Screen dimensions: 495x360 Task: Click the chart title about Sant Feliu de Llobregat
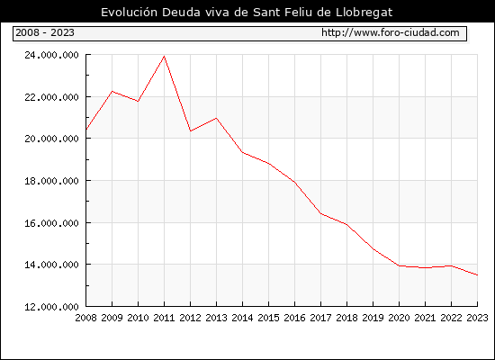point(247,13)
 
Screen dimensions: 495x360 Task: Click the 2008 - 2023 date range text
point(45,32)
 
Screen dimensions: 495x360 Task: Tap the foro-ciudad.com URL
point(391,32)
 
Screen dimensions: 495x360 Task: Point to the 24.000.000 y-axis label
point(51,55)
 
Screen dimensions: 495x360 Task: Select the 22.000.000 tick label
point(51,97)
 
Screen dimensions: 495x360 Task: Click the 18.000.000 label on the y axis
point(51,181)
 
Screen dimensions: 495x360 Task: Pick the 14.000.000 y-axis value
point(51,265)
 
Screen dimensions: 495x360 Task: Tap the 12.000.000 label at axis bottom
point(51,307)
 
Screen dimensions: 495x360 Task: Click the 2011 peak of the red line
point(164,56)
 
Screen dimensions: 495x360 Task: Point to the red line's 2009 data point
point(112,91)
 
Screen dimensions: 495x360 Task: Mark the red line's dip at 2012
point(191,131)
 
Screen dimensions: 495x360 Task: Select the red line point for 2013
point(216,118)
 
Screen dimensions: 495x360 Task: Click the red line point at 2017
point(320,213)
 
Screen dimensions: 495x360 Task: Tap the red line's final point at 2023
point(477,275)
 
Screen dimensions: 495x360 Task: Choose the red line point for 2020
point(399,265)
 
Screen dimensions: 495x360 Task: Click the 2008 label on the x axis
point(85,318)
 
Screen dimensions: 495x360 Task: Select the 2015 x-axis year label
point(269,318)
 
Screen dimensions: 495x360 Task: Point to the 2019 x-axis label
point(373,318)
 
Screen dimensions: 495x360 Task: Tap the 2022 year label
point(451,318)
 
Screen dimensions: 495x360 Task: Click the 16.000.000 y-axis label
point(51,223)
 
